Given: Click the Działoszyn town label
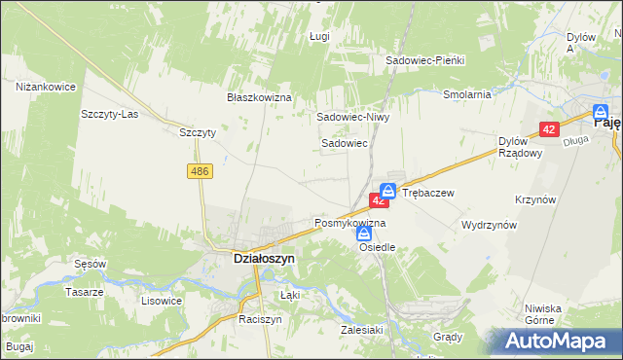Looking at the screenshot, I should (251, 259).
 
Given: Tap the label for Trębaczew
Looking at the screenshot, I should (428, 193).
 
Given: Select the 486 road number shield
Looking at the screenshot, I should (201, 171).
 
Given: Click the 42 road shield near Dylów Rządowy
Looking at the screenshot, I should (549, 129).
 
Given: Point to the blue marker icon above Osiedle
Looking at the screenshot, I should (363, 233).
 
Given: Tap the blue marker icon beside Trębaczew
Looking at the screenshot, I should (387, 191).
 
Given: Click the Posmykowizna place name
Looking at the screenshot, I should (349, 223).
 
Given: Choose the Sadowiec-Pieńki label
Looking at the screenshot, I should (425, 60).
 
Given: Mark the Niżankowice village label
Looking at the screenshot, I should (46, 87).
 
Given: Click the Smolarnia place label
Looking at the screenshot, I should (466, 95).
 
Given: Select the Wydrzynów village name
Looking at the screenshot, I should (489, 224).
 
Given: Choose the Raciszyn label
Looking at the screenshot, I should (260, 318).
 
